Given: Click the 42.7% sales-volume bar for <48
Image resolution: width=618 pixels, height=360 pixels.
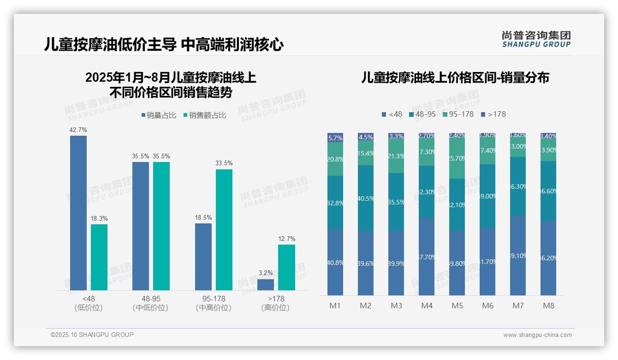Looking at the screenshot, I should [78, 212].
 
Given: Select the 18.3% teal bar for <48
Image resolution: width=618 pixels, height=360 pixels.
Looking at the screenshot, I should [99, 257].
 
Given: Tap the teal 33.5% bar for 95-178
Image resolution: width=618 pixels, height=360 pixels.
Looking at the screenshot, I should [224, 229].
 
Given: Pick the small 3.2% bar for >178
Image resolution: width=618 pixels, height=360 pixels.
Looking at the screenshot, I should [266, 285].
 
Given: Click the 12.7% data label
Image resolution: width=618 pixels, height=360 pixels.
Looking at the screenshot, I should [286, 239].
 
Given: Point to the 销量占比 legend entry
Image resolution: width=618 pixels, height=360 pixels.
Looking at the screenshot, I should [159, 115].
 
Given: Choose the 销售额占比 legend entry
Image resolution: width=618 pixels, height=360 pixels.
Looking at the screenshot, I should [204, 115].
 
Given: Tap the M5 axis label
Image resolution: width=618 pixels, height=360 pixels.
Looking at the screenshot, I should [457, 306].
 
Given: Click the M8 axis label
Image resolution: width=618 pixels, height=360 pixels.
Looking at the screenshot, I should [548, 306].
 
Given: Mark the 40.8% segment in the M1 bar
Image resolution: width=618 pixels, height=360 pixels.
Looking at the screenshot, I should [335, 262].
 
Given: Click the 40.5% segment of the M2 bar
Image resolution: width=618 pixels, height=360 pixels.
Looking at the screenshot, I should [366, 198].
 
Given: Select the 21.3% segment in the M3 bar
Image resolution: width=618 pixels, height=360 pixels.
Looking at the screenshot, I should [396, 156].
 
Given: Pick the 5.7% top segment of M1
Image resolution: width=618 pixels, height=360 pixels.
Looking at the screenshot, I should [335, 138].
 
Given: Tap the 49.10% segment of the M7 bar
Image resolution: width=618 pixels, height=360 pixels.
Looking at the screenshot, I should [518, 255].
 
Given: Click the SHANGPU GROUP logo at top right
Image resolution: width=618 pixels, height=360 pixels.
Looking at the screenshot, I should [536, 39].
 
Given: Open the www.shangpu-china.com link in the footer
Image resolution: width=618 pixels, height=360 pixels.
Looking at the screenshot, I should [537, 335].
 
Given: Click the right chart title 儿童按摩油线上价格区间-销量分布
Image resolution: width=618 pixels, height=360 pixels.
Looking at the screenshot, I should [455, 78].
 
